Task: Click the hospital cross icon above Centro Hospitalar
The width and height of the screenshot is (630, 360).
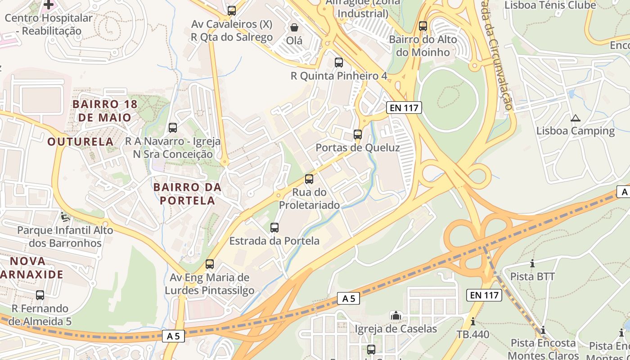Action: click(49, 4)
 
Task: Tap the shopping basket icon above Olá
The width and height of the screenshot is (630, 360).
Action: click(294, 27)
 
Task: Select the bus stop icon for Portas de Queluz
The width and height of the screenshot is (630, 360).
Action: click(358, 134)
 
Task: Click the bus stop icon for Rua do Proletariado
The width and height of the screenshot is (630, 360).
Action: click(309, 179)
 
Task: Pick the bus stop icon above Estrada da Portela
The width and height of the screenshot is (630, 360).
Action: click(274, 227)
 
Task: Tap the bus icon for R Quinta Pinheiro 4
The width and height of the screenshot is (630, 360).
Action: click(339, 62)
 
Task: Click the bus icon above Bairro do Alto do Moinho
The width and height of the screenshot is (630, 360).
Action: click(423, 26)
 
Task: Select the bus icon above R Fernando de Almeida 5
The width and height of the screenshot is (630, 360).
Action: click(40, 295)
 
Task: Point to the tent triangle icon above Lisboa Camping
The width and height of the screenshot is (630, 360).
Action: click(575, 118)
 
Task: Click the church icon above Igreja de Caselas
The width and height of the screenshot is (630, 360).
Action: click(396, 315)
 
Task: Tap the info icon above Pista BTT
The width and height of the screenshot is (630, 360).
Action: click(533, 263)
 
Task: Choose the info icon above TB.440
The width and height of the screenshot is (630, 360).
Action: click(473, 321)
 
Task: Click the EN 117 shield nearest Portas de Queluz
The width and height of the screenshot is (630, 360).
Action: click(404, 108)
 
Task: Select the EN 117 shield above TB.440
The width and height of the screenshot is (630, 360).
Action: click(484, 295)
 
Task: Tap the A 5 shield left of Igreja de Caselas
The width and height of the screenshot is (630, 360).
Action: click(349, 298)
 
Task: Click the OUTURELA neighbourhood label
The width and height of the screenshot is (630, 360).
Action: click(81, 141)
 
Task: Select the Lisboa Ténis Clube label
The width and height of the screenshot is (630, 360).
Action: click(550, 5)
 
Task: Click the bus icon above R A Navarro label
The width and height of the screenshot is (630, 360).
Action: click(173, 127)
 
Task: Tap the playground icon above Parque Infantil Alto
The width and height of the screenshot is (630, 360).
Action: click(65, 217)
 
